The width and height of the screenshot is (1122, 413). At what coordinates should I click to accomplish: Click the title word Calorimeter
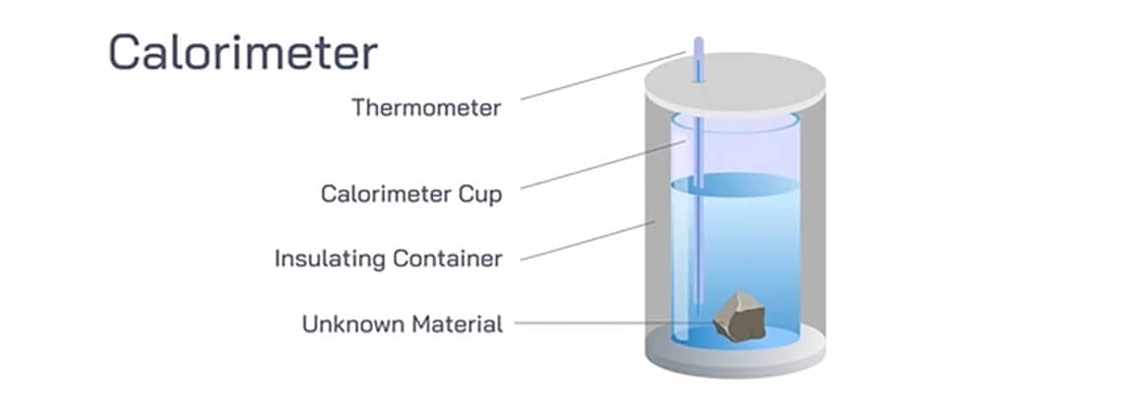(242, 52)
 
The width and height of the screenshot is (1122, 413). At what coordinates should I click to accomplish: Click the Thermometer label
(426, 108)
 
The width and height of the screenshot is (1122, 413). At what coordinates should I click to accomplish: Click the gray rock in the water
(738, 317)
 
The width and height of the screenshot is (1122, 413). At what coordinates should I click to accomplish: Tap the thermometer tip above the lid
(699, 46)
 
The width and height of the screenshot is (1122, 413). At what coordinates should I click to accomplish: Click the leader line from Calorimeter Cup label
(591, 164)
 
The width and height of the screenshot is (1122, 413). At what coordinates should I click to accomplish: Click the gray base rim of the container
(734, 364)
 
